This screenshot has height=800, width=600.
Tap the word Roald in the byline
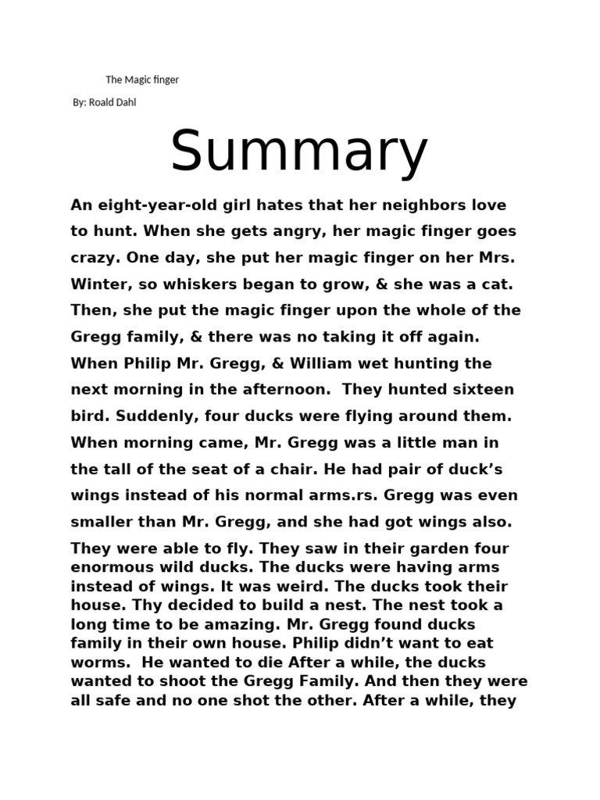pyautogui.click(x=102, y=102)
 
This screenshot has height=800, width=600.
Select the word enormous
pyautogui.click(x=107, y=566)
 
